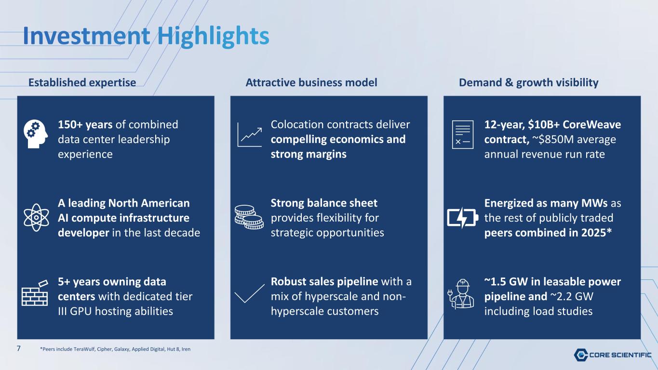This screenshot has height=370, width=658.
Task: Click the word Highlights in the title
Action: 213,37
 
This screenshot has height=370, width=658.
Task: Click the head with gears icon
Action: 36,134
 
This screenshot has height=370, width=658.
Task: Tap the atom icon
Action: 36,218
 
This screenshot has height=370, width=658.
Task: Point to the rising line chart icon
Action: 249,135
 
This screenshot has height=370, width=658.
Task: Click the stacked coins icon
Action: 249,217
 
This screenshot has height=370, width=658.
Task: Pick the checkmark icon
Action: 250,294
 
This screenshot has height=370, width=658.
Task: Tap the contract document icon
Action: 463,134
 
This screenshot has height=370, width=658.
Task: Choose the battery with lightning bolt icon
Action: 462,218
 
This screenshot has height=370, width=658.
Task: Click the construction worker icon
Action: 461,294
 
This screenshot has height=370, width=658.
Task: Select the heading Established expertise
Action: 82,82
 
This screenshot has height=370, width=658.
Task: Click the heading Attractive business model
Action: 311,82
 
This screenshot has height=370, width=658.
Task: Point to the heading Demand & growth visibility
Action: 528,82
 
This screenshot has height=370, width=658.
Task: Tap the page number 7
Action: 19,349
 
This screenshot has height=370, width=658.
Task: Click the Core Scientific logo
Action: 613,355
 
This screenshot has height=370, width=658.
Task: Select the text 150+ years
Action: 85,124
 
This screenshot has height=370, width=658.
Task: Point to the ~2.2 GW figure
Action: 572,296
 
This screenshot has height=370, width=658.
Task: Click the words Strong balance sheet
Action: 324,203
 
